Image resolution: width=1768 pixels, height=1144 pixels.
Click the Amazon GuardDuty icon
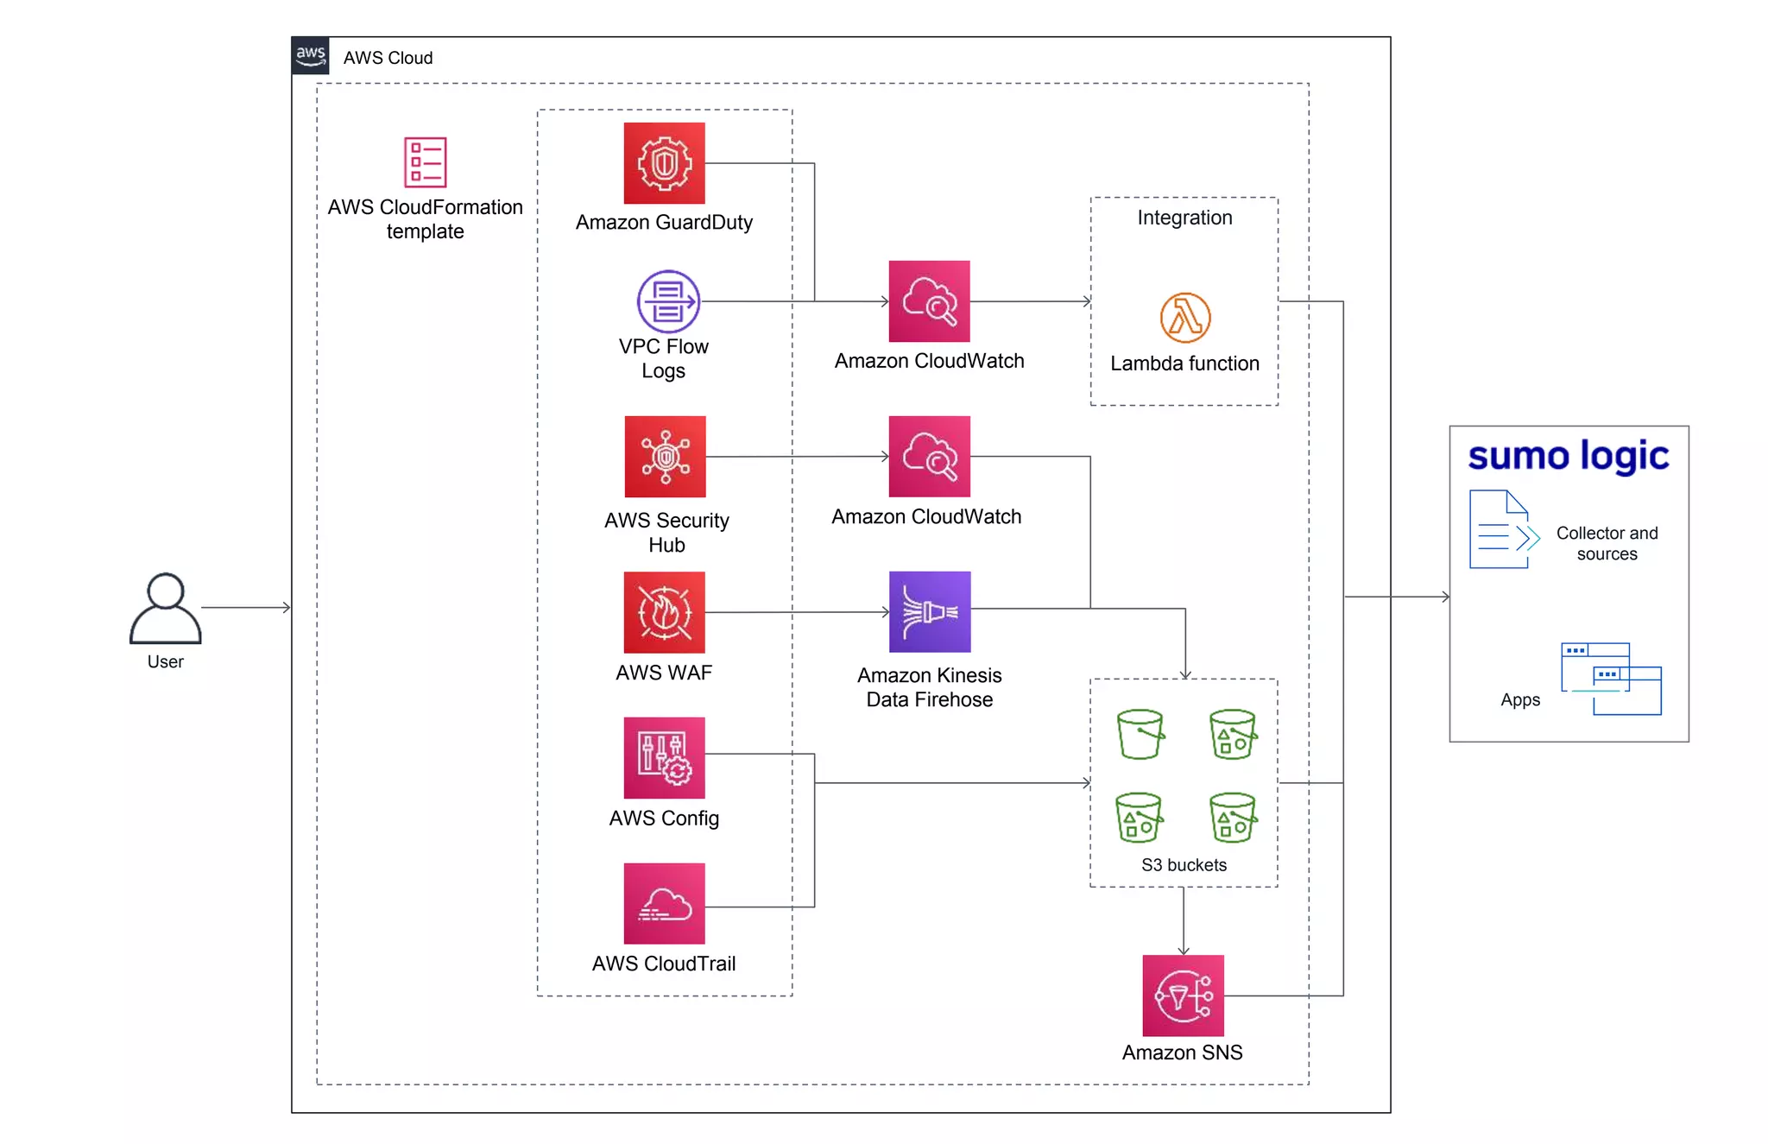664,163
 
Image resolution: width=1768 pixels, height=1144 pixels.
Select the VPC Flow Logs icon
667,301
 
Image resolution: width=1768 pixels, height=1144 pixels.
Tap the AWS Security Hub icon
665,457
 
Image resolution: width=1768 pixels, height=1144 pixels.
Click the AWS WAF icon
664,612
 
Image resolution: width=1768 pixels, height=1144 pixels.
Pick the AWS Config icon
664,757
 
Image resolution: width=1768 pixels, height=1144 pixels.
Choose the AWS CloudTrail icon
664,903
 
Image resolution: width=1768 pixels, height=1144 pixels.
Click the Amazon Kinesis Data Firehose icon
930,611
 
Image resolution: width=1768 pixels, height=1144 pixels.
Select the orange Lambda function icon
1184,318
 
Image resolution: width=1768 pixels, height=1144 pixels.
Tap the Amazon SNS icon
1183,995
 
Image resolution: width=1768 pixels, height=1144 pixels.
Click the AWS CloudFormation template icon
425,162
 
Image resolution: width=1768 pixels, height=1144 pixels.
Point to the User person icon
165,609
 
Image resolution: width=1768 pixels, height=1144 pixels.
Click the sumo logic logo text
1568,456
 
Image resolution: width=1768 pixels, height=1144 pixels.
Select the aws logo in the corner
310,56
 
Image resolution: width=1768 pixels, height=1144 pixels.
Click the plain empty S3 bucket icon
1140,734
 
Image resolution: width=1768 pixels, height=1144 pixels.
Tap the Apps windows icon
1611,679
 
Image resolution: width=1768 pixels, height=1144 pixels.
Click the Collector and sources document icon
1502,529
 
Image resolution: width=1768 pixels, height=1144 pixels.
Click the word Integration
1184,218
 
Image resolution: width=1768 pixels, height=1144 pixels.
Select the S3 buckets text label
1183,865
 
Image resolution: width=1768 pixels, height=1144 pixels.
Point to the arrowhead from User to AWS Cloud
286,608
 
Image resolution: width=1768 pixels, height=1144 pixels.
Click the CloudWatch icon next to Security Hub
929,457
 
